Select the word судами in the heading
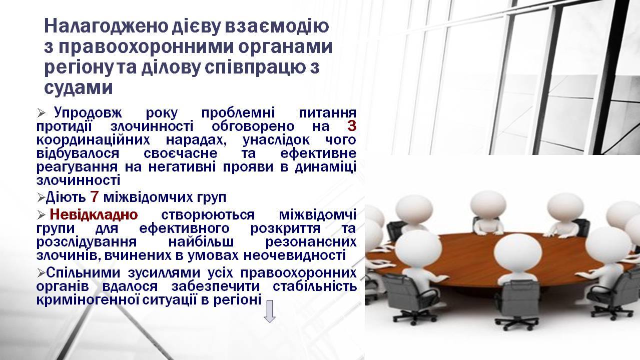click(79, 87)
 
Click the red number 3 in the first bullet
click(352, 126)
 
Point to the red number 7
click(95, 197)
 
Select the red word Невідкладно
click(94, 214)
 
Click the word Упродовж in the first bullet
click(88, 113)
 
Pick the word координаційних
click(93, 140)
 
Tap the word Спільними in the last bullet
click(83, 272)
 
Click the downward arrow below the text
click(269, 311)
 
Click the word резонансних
click(311, 242)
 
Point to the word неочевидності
click(295, 255)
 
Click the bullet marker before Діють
click(41, 197)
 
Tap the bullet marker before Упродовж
click(41, 113)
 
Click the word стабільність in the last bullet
click(315, 286)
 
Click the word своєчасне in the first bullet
click(180, 153)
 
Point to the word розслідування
click(87, 242)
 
